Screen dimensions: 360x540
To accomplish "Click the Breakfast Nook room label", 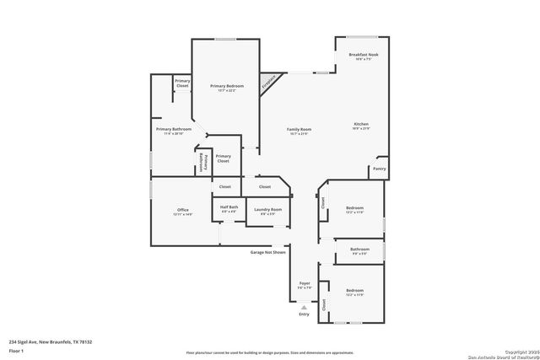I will click(x=364, y=55).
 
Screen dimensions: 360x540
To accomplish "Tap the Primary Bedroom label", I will click(x=224, y=86).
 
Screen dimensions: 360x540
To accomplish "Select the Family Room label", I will click(x=300, y=129).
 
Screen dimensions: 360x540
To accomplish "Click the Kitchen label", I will click(x=360, y=124).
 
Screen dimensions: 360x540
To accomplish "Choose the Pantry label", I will click(x=379, y=169).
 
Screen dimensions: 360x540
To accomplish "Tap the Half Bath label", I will click(x=229, y=207).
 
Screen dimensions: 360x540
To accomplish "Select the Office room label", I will click(x=183, y=209).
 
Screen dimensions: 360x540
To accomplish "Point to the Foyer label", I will click(x=305, y=283).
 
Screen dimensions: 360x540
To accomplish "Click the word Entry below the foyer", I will click(x=304, y=314).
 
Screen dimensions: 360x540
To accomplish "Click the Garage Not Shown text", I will click(x=267, y=252).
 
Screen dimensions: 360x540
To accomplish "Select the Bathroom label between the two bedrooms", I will click(x=360, y=249).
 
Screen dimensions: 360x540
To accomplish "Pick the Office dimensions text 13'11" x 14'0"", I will click(x=183, y=215).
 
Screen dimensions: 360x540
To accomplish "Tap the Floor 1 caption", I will click(x=16, y=350).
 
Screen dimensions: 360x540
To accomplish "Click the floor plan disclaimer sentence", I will click(x=270, y=352).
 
